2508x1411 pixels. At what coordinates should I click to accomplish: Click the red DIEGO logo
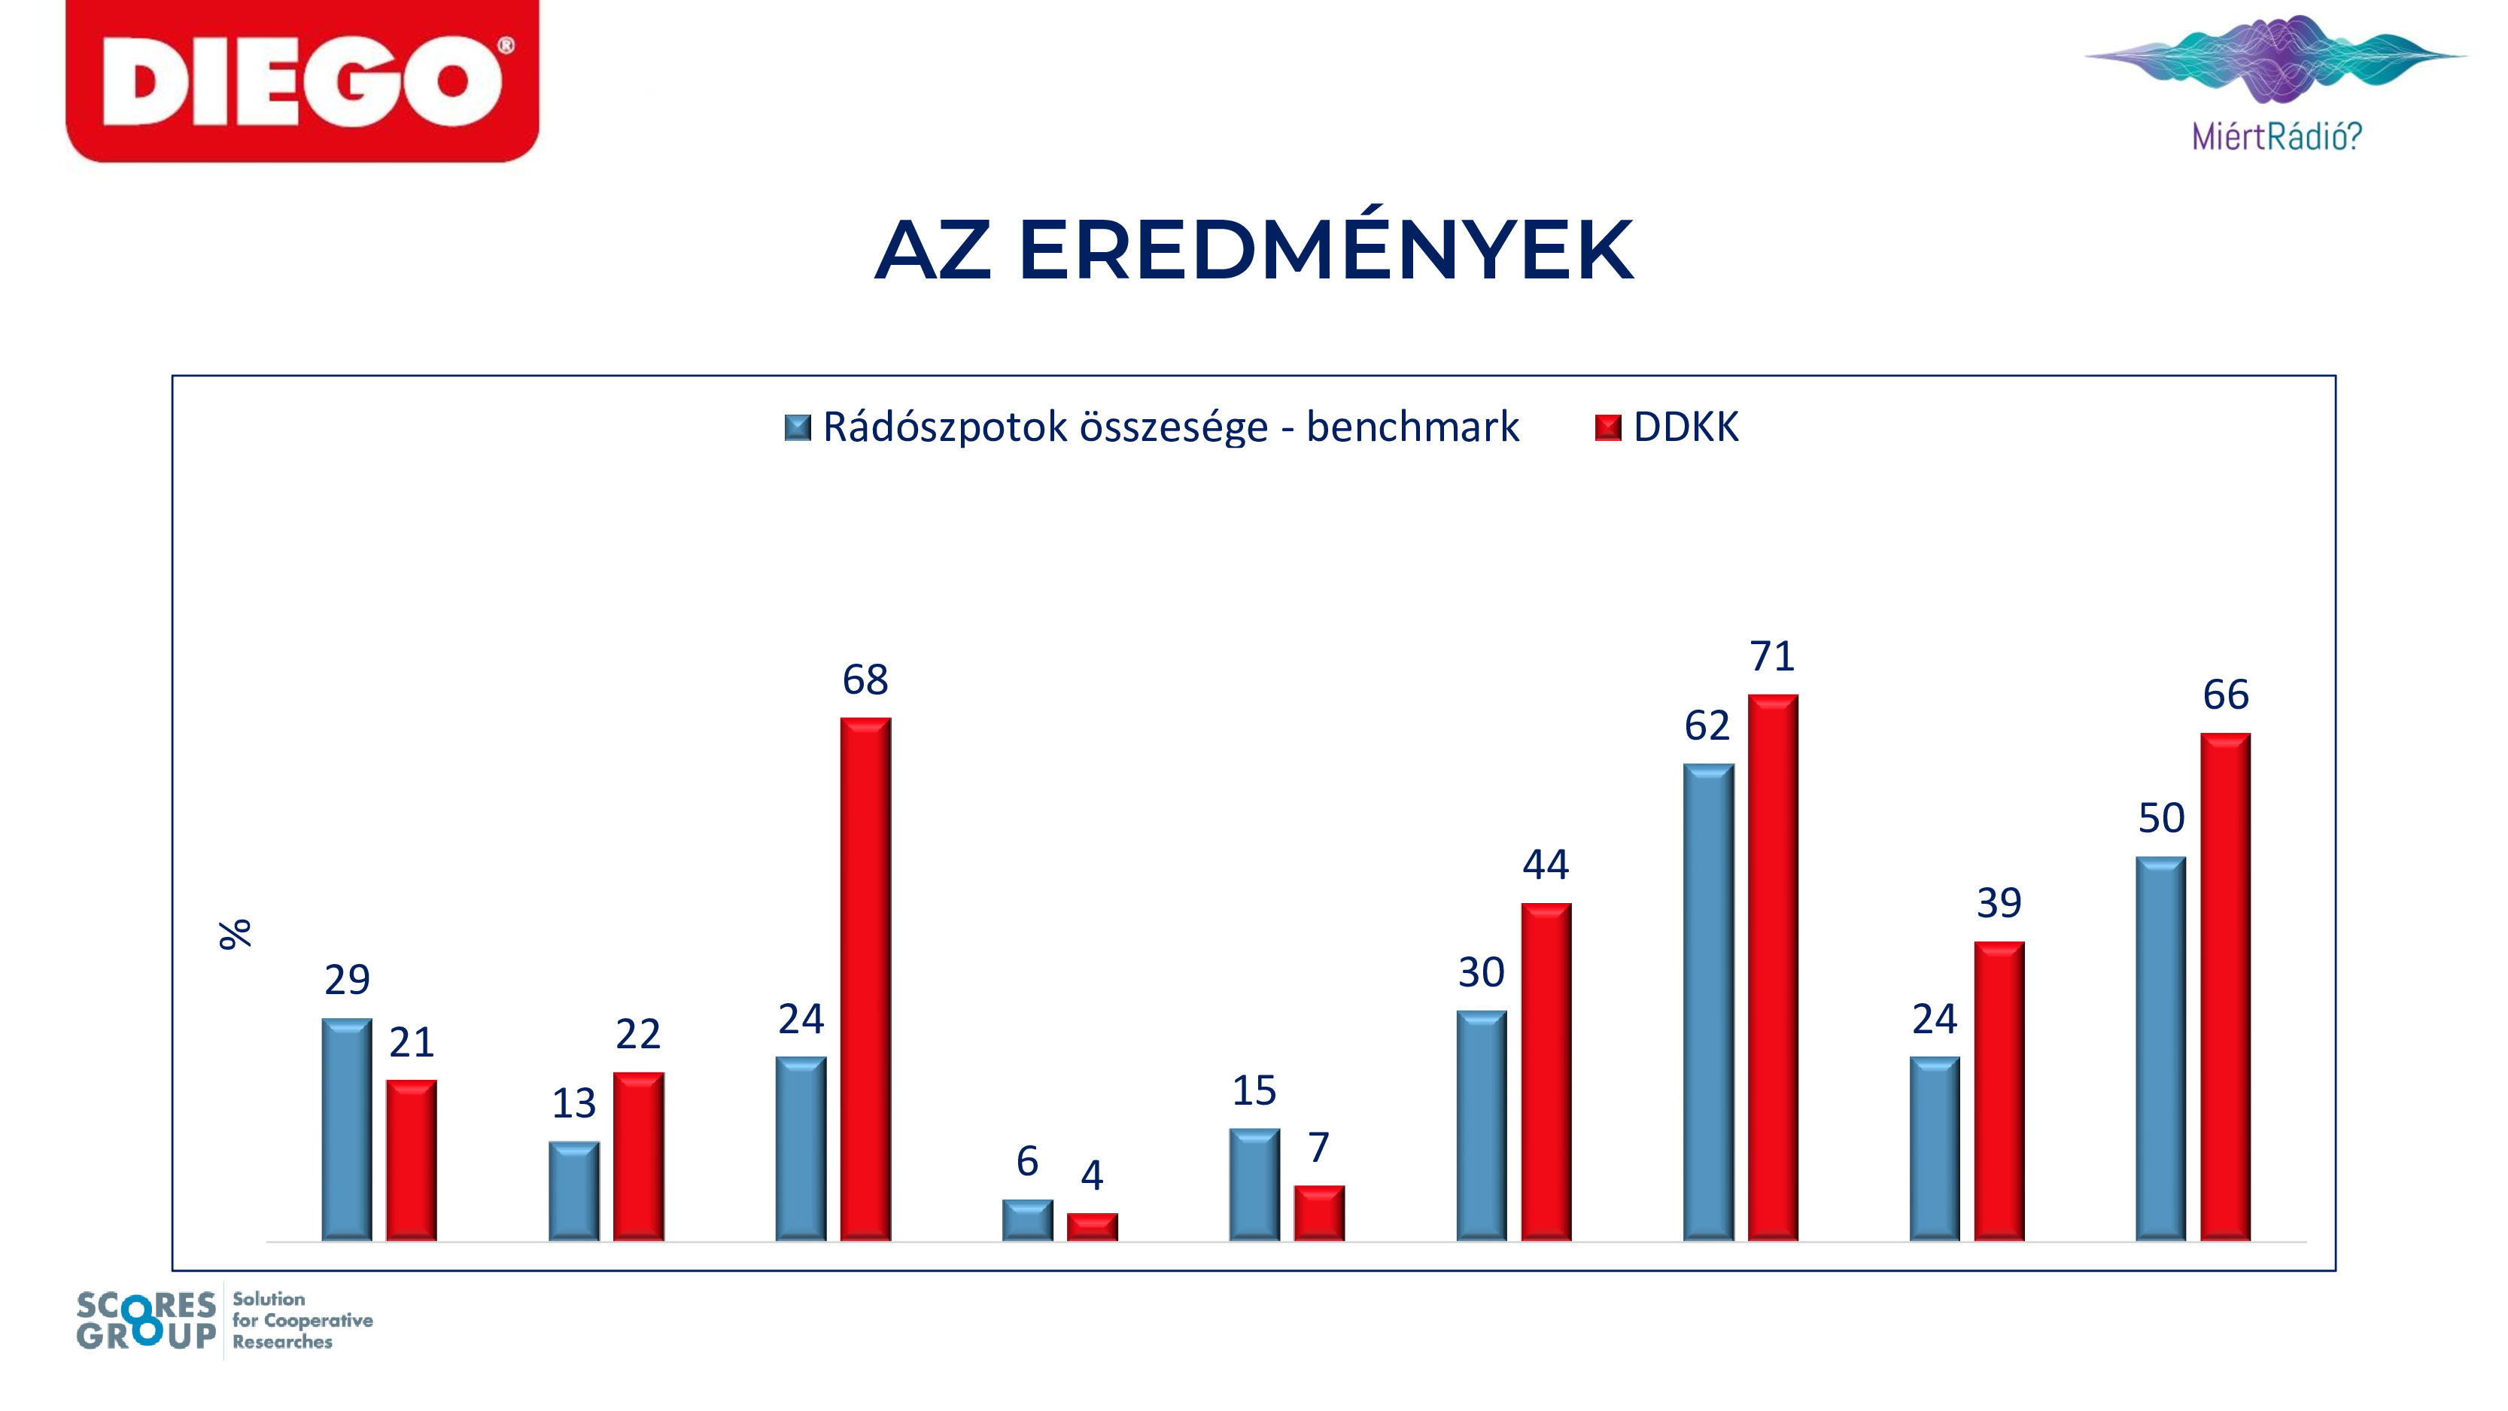pyautogui.click(x=302, y=81)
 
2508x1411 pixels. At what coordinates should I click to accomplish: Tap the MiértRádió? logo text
pyautogui.click(x=2276, y=135)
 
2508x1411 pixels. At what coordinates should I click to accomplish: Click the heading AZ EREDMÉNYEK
pyautogui.click(x=1254, y=249)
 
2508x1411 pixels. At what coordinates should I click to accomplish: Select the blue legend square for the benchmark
pyautogui.click(x=798, y=427)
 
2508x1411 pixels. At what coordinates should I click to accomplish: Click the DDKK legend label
pyautogui.click(x=1686, y=427)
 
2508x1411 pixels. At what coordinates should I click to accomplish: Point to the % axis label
pyautogui.click(x=235, y=934)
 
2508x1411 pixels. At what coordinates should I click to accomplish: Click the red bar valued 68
pyautogui.click(x=865, y=978)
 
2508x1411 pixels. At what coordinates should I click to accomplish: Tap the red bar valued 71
pyautogui.click(x=1773, y=967)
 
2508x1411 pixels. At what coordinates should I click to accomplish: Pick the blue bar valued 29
pyautogui.click(x=347, y=1130)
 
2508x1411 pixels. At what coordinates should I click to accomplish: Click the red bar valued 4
pyautogui.click(x=1093, y=1227)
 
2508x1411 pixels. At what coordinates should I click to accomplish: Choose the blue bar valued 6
pyautogui.click(x=1027, y=1220)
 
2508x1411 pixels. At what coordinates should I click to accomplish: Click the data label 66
pyautogui.click(x=2226, y=695)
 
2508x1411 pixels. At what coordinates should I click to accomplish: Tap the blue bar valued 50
pyautogui.click(x=2160, y=1049)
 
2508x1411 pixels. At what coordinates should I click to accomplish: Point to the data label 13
pyautogui.click(x=573, y=1103)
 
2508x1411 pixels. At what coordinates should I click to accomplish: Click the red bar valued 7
pyautogui.click(x=1319, y=1213)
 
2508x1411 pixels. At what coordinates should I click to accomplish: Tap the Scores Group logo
pyautogui.click(x=225, y=1321)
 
